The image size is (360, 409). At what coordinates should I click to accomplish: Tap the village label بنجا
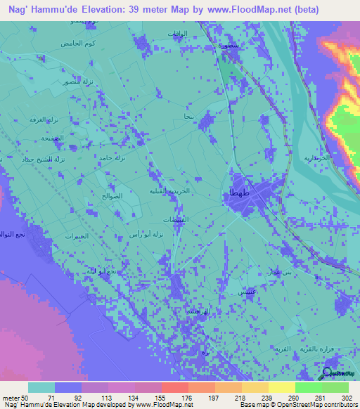(x=188, y=116)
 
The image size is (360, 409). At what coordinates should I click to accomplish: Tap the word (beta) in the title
(x=307, y=10)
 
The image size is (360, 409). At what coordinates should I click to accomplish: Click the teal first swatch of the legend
(x=41, y=387)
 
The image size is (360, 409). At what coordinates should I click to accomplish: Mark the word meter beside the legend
(x=12, y=397)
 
